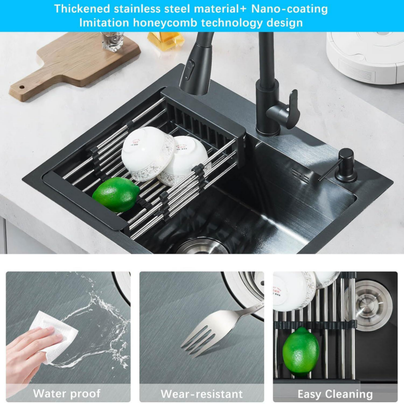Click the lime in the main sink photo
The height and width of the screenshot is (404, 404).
[x=116, y=195]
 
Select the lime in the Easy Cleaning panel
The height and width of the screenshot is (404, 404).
[x=301, y=351]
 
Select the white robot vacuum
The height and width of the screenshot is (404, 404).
[x=365, y=56]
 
